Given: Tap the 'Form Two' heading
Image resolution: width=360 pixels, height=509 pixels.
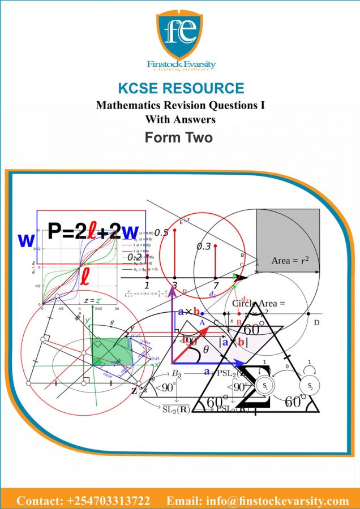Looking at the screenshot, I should [x=179, y=137].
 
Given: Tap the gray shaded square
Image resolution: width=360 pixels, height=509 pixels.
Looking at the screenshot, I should [x=288, y=240].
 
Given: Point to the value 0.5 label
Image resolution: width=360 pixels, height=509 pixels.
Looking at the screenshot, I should [x=161, y=232].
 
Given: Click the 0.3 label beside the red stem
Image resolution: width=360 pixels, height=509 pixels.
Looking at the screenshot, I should [x=204, y=247].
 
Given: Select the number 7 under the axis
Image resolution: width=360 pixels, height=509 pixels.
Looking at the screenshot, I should [x=216, y=286].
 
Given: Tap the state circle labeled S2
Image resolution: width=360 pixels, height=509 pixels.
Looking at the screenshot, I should [x=310, y=386].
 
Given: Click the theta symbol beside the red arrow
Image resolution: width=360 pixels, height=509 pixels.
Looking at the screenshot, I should [x=205, y=350].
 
